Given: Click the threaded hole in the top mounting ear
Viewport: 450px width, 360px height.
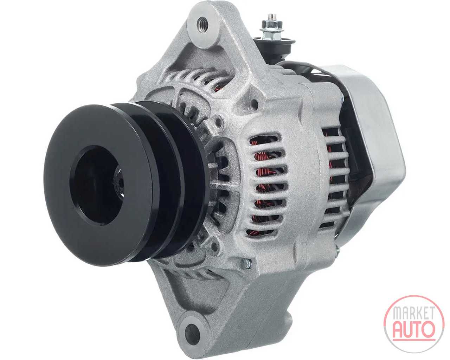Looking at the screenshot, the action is point(203,25).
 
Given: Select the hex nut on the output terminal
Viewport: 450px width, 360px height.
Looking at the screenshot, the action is point(271,29).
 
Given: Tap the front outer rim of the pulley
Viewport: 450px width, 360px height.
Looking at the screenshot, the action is point(98,185).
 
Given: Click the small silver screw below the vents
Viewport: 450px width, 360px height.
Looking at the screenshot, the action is point(247,264).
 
